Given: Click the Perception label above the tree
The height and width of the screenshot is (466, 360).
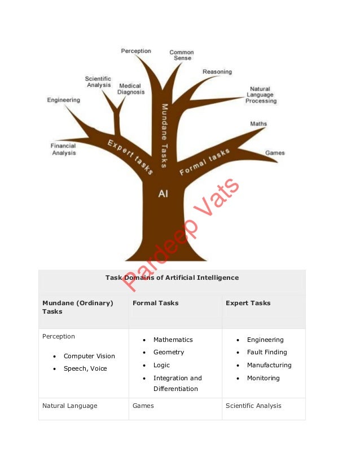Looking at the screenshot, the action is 136,51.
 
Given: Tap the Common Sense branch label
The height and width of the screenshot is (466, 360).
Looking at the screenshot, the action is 182,55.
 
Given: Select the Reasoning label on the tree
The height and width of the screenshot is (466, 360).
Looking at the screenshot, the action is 217,72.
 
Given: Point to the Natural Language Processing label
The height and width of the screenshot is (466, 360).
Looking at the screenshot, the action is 261,95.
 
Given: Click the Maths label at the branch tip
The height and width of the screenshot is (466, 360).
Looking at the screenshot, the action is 258,124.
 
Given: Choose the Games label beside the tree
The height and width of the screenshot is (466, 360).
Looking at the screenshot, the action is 275,153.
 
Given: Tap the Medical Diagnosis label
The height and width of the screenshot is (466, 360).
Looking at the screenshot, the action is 131,89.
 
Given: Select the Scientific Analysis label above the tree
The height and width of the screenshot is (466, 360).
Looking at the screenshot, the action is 98,82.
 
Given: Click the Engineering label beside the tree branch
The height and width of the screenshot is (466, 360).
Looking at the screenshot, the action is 64,100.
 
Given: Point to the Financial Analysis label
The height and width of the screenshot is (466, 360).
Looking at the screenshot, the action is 64,150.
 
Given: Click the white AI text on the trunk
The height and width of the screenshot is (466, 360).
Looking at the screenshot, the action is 163,194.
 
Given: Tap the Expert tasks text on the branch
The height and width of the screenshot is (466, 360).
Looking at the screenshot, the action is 130,156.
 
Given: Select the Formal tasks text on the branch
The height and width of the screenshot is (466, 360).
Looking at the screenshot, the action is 204,162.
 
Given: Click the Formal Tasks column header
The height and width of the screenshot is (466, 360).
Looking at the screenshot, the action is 155,303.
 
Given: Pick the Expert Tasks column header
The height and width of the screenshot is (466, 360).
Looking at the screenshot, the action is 248,303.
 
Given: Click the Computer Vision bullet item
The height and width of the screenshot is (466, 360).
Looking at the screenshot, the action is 89,356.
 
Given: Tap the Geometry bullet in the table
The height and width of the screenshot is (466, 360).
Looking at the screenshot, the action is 169,352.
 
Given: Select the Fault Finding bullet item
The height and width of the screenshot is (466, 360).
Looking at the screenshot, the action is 267,352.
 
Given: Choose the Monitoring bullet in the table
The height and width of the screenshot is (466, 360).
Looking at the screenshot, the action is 263,378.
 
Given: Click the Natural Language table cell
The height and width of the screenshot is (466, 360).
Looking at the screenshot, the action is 70,406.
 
